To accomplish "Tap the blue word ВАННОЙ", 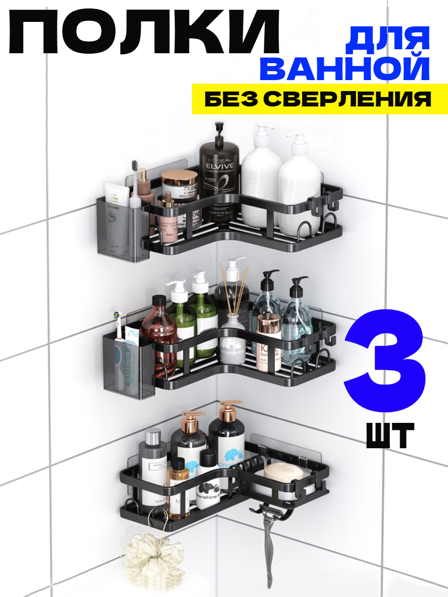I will click(x=344, y=69).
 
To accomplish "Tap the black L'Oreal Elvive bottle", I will click(x=220, y=182).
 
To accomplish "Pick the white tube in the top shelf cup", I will click(x=117, y=197).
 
